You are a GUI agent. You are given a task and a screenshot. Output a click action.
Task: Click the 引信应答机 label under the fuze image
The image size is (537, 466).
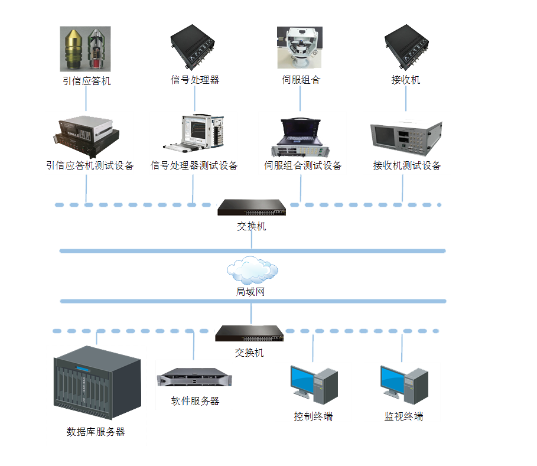click(86, 81)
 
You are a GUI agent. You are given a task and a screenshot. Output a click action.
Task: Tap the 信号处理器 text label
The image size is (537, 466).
click(195, 80)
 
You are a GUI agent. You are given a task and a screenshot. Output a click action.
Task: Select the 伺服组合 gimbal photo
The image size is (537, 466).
click(300, 47)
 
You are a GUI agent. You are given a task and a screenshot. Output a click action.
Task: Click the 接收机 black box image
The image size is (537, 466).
click(405, 47)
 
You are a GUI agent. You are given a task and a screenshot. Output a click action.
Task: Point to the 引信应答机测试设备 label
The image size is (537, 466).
click(90, 165)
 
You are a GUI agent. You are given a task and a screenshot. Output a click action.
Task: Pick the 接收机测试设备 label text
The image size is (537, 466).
click(407, 165)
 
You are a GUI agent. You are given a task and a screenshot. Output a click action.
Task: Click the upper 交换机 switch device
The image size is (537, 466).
click(252, 207)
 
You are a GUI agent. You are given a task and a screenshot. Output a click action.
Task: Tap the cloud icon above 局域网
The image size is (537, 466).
click(252, 270)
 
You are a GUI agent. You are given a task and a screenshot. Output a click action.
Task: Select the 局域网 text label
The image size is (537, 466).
click(252, 292)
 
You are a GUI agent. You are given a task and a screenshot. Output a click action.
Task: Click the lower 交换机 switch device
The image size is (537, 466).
click(249, 334)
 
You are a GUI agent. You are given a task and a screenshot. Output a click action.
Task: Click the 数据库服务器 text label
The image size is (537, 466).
click(96, 432)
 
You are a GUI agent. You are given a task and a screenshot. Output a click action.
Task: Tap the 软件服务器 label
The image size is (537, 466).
click(195, 401)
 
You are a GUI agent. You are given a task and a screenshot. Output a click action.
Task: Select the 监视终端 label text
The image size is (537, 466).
click(402, 416)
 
